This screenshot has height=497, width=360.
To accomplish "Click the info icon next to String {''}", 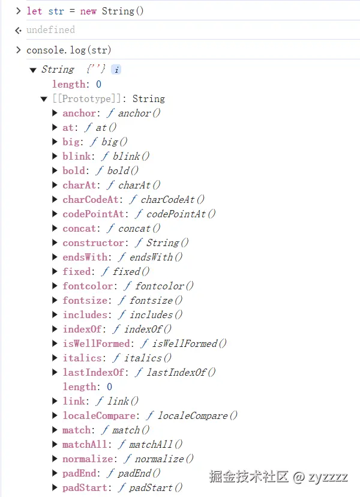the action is click(x=116, y=70).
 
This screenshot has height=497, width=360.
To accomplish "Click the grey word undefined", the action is click(x=51, y=30).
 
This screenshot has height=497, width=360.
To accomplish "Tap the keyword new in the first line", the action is click(x=88, y=11).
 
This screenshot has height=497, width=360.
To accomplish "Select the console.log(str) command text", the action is click(x=69, y=50).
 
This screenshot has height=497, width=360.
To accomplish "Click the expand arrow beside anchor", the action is click(x=55, y=113).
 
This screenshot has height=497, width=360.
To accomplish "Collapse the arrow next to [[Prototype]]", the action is click(x=44, y=99).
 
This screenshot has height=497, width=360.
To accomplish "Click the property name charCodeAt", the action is click(x=91, y=199).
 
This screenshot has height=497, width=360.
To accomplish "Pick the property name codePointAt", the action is click(x=93, y=214).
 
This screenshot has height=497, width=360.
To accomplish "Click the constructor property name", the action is click(x=93, y=242).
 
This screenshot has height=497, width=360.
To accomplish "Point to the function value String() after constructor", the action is click(x=167, y=242).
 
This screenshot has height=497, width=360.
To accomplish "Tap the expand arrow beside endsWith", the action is click(x=55, y=257).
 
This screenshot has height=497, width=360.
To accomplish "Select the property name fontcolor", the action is click(x=88, y=286).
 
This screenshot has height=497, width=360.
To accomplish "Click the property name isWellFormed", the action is click(x=97, y=343).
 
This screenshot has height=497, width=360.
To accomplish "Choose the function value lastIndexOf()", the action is click(x=181, y=372).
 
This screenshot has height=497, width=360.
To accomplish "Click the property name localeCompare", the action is click(x=99, y=415).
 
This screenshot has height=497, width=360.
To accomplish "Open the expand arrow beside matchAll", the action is click(x=55, y=444).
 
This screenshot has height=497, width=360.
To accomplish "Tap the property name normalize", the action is click(x=88, y=459).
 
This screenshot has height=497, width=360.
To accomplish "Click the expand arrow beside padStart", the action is click(x=55, y=487).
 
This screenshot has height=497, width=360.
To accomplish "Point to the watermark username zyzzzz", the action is click(x=328, y=477).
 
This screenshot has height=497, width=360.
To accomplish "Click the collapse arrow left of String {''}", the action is click(x=33, y=70).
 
